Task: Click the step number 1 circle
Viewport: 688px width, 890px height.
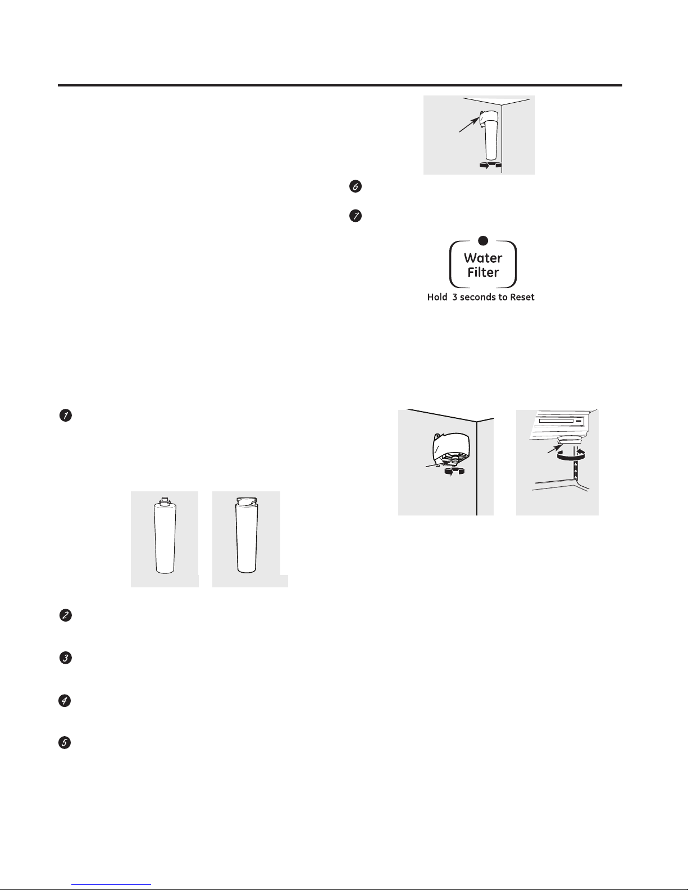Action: pos(66,416)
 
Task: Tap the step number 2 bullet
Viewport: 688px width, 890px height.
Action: pos(66,615)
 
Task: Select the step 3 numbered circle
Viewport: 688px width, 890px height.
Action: pos(66,658)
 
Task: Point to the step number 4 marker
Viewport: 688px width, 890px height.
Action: pos(65,700)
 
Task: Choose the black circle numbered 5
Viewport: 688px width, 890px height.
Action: pos(65,742)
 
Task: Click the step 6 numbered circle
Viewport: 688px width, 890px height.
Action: pos(356,186)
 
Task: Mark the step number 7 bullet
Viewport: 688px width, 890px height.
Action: pos(356,216)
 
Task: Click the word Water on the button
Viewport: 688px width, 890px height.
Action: pos(483,258)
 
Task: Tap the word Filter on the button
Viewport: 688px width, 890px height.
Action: pos(483,272)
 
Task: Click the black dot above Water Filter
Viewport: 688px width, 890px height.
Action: pos(483,240)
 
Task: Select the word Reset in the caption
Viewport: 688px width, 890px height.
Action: pos(522,297)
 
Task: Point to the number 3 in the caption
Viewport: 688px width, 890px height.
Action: pos(454,297)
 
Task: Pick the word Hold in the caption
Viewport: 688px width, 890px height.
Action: pos(438,297)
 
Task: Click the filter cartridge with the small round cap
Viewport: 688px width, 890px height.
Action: pos(165,535)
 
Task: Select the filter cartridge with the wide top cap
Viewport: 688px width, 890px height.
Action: pos(247,535)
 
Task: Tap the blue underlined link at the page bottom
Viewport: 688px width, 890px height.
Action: pos(111,885)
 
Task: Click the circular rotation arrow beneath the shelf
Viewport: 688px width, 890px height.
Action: pos(569,456)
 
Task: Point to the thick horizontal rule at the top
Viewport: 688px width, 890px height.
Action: pos(340,85)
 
